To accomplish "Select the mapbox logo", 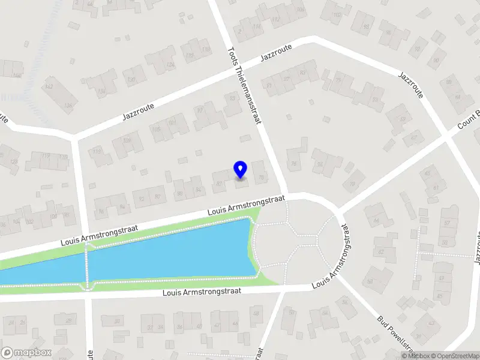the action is point(26,353).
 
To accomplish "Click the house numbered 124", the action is point(170,65).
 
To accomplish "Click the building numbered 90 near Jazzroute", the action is point(436,60).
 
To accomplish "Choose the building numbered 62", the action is point(427,174).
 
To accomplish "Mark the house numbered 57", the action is point(447,223).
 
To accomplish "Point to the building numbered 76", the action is point(294,163).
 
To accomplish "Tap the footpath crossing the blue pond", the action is point(89,268).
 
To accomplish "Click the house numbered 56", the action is point(345,302).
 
